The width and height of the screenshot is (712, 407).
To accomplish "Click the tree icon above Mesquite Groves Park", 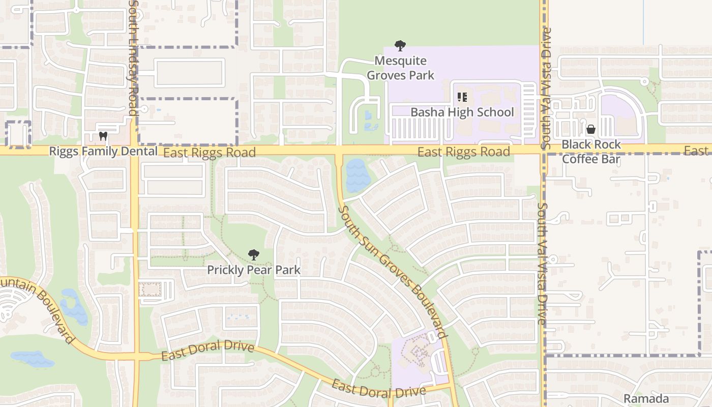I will click(400, 46).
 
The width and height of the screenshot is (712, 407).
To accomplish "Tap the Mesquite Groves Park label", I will click(400, 68).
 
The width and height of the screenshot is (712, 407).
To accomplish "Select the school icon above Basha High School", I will click(462, 97).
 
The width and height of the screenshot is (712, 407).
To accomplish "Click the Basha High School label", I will click(462, 112).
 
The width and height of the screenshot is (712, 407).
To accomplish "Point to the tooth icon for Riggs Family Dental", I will click(103, 136).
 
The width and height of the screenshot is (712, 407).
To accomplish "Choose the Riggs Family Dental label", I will click(103, 151).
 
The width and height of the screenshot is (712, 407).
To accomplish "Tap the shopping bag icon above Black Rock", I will click(590, 129).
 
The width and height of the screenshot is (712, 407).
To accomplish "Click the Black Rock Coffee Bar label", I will click(591, 152).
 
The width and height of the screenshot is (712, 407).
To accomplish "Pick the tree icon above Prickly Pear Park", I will click(253, 255).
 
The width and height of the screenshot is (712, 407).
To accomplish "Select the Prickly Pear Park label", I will click(253, 270).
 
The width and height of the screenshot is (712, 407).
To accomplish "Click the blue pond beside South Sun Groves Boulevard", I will click(355, 176).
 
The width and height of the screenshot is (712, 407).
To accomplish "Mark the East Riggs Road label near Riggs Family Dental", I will click(209, 152).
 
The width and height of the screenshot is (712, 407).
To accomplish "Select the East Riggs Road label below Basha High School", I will click(463, 152).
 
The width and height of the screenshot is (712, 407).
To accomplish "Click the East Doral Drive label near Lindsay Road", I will click(207, 351).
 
